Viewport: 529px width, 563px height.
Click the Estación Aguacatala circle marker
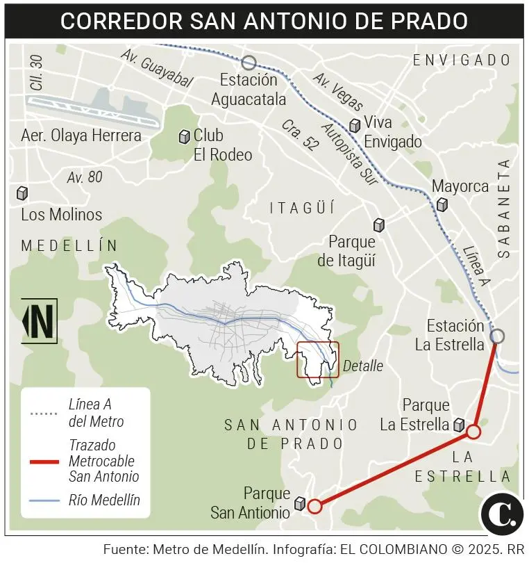click(249, 63)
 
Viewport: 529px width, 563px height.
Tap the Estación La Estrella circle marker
click(497, 336)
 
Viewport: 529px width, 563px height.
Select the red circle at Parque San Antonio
click(314, 506)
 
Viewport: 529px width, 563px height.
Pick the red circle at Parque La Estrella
click(473, 432)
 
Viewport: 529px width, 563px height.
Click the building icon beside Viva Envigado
click(355, 125)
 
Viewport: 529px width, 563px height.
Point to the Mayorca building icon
click(442, 204)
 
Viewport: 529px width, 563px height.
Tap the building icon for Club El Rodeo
click(184, 137)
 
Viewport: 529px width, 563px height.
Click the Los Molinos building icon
click(22, 193)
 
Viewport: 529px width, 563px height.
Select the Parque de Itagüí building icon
click(379, 225)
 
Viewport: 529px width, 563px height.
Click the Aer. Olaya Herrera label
click(81, 136)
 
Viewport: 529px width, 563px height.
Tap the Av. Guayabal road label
click(156, 68)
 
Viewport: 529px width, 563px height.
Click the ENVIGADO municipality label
click(462, 60)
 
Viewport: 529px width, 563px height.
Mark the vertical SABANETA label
click(504, 209)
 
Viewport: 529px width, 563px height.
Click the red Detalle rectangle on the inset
click(318, 359)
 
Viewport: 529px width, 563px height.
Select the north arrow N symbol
click(40, 321)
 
